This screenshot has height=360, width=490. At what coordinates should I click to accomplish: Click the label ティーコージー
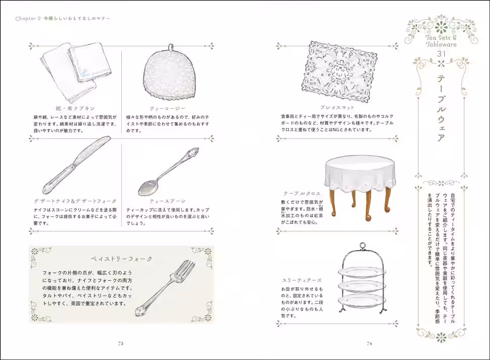click(168, 109)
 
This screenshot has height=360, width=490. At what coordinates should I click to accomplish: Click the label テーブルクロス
click(300, 193)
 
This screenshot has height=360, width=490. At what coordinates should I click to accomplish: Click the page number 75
click(120, 343)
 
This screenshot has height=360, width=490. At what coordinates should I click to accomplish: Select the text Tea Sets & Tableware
click(440, 40)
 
